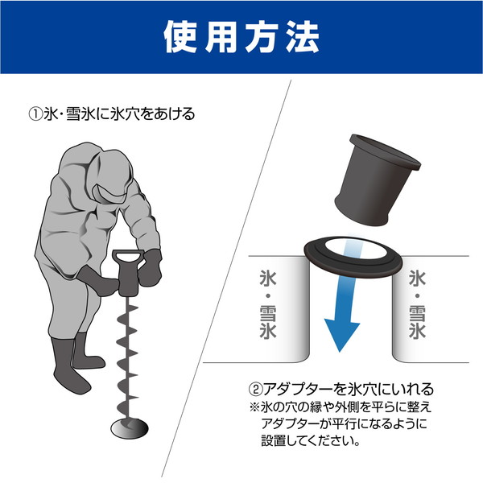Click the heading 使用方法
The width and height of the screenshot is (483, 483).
(x=241, y=36)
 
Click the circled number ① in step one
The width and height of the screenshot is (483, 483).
(x=35, y=114)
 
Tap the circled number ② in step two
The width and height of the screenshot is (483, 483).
(x=256, y=389)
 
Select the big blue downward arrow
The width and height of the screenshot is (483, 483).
(x=341, y=310)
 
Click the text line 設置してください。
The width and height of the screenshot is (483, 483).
(x=309, y=441)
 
